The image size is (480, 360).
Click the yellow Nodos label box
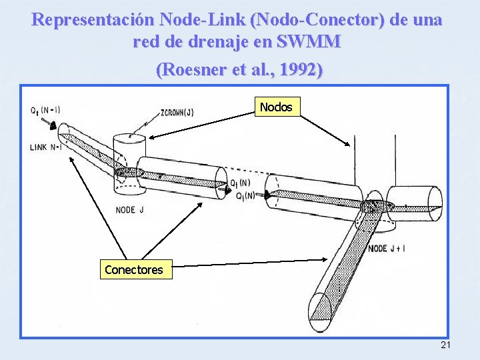(x=276, y=107)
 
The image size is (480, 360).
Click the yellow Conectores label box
(x=133, y=269)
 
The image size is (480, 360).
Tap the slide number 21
(x=446, y=345)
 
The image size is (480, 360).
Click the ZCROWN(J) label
(x=177, y=113)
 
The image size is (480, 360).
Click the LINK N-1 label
(x=46, y=147)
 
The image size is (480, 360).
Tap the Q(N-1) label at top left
(x=46, y=110)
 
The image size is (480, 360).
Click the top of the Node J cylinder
(x=129, y=139)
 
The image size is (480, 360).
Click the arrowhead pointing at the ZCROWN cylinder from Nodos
(x=150, y=138)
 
